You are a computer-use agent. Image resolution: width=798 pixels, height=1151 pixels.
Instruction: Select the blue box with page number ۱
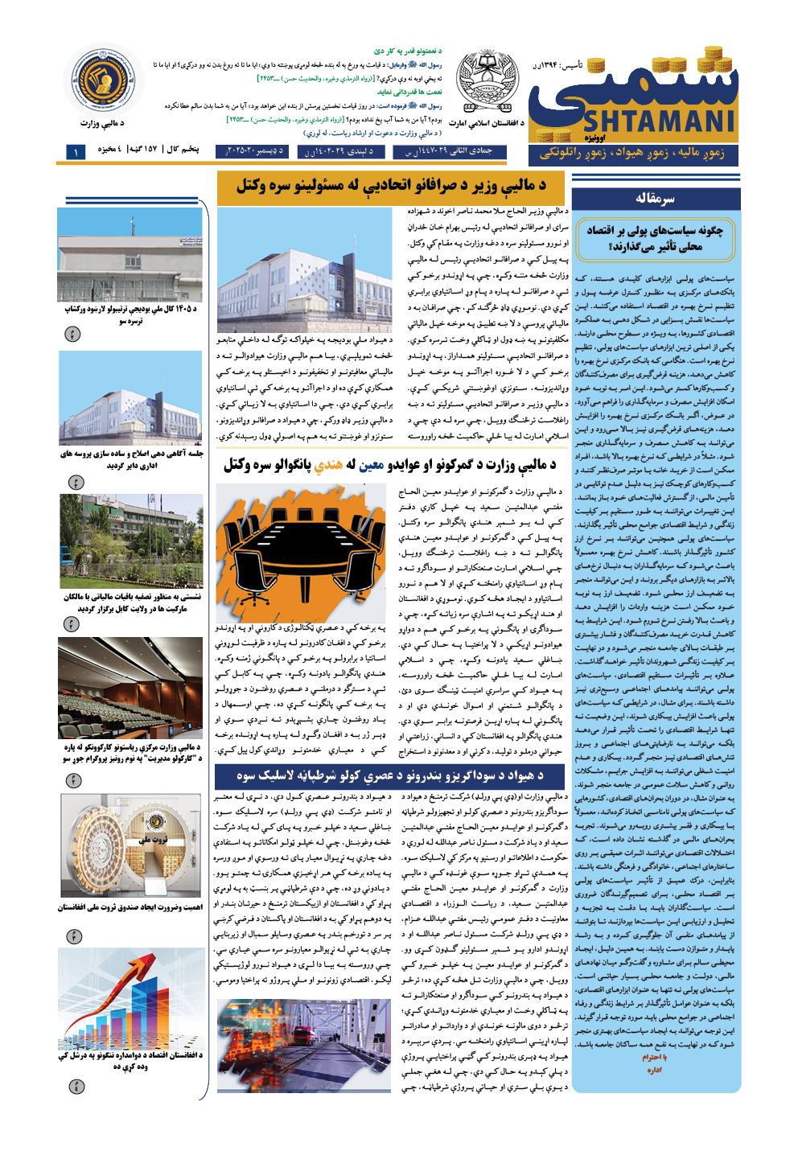tap(76, 151)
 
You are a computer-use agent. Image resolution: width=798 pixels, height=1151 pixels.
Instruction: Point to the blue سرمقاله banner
tap(656, 199)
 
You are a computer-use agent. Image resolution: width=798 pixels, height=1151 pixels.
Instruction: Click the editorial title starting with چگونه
tap(655, 238)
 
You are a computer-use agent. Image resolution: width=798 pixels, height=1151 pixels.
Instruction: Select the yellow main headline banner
tap(392, 187)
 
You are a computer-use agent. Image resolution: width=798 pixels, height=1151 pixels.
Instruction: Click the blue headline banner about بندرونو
tap(390, 776)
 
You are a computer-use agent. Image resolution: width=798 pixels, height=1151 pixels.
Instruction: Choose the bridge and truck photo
tap(303, 1046)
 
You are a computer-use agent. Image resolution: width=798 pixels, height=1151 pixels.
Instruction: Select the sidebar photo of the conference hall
tap(130, 688)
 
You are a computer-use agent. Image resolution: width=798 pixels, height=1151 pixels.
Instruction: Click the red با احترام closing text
tap(655, 1057)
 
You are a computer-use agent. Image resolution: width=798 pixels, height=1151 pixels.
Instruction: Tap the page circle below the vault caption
tap(74, 936)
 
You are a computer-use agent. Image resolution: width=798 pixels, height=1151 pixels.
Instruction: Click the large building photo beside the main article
tap(305, 269)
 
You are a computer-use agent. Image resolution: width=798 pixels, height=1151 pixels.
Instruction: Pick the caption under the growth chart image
tap(130, 1061)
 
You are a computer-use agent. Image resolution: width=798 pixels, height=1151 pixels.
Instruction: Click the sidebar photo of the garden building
tap(130, 541)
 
